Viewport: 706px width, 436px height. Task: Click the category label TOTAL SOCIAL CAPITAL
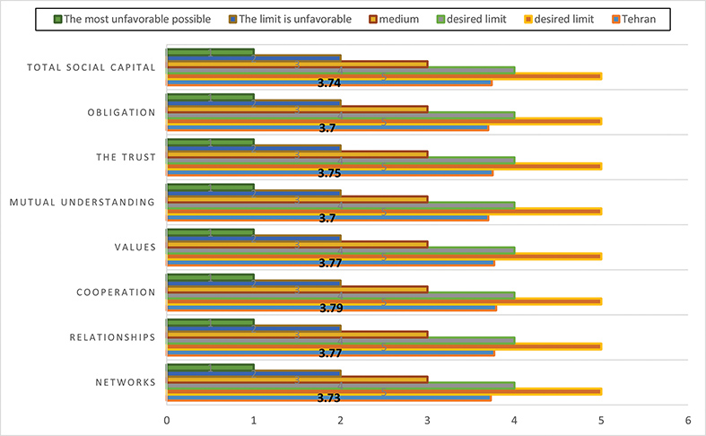[x=92, y=67]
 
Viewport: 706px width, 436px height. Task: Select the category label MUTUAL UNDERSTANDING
[x=83, y=202]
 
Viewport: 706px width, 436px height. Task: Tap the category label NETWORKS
[x=126, y=382]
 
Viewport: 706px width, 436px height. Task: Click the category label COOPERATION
[x=117, y=292]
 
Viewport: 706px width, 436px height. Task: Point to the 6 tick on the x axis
[x=687, y=419]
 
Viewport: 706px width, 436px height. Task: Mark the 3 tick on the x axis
[x=428, y=419]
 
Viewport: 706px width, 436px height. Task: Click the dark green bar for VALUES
[x=211, y=231]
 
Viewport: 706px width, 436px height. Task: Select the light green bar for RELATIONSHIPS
[x=341, y=341]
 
